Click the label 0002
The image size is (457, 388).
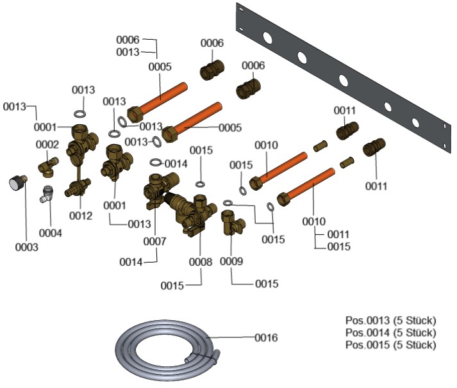pyautogui.click(x=46, y=145)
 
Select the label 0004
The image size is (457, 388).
pyautogui.click(x=50, y=233)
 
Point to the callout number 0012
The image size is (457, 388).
pyautogui.click(x=81, y=216)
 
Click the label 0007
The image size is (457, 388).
pyautogui.click(x=154, y=241)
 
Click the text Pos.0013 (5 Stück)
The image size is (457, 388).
pyautogui.click(x=391, y=320)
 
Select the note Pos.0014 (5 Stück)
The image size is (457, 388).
pyautogui.click(x=391, y=332)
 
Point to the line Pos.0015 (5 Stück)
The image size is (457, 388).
pyautogui.click(x=391, y=344)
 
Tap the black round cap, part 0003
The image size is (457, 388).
pyautogui.click(x=15, y=183)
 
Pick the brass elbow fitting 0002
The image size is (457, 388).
pyautogui.click(x=47, y=167)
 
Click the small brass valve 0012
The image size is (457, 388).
pyautogui.click(x=78, y=188)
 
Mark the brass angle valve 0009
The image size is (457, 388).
pyautogui.click(x=230, y=222)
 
